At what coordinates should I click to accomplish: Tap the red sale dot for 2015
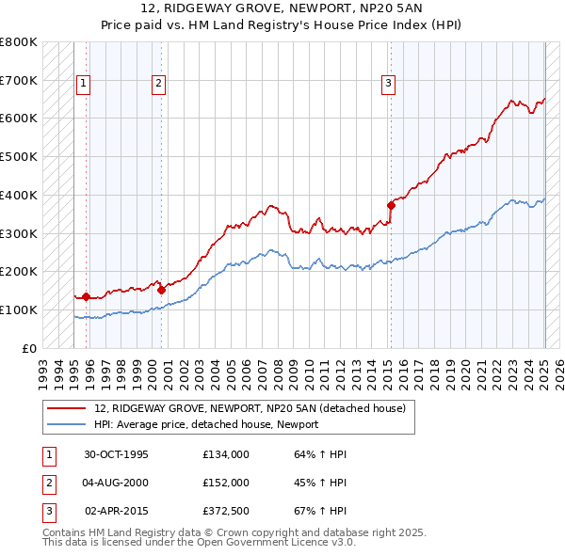[x=391, y=204]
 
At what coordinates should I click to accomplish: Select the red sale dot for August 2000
[x=161, y=290]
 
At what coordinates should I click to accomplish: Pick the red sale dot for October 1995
[x=86, y=296]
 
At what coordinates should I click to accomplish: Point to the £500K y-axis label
[x=19, y=156]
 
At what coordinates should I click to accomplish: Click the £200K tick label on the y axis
[x=19, y=271]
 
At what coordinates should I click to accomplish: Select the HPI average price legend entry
[x=205, y=424]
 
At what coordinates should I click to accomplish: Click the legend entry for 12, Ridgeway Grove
[x=250, y=408]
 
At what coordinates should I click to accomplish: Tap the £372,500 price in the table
[x=226, y=511]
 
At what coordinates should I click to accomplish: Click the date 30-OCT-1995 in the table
[x=117, y=454]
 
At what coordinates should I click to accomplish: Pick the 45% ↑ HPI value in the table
[x=320, y=483]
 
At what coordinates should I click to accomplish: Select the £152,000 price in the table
[x=226, y=483]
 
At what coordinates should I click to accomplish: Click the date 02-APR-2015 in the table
[x=117, y=511]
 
